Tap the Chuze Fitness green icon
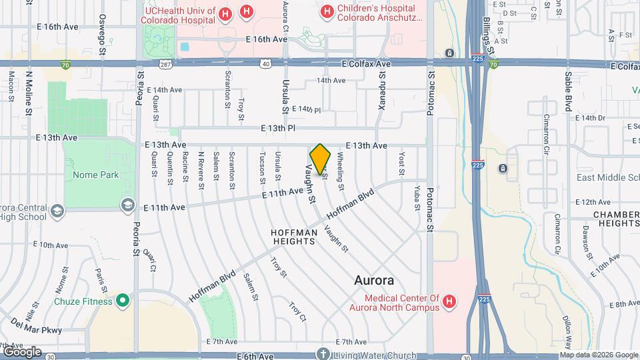122,301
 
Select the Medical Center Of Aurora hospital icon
449,302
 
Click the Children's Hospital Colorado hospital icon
327,11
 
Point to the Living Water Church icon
323,354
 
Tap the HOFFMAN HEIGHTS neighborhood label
294,237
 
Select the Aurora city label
374,281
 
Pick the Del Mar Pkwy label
37,329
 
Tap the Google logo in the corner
22,351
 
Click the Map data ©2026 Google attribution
598,355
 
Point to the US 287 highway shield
165,64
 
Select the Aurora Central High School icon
57,211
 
